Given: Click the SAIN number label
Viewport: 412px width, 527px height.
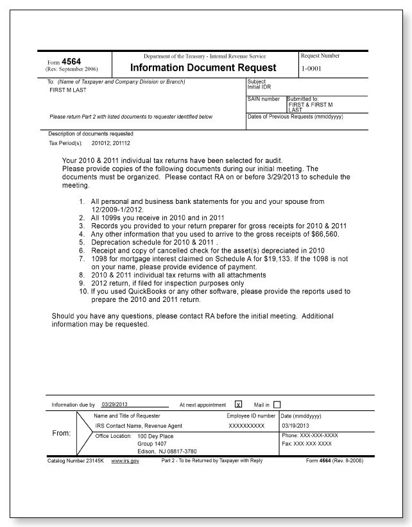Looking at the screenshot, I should click(x=263, y=99).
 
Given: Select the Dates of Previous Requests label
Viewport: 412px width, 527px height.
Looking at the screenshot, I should click(x=289, y=116).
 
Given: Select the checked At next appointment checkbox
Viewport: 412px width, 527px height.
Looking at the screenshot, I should click(x=238, y=405).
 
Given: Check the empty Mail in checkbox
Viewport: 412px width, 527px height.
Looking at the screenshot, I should click(x=277, y=405).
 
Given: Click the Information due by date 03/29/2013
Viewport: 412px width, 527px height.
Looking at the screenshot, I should click(x=116, y=405).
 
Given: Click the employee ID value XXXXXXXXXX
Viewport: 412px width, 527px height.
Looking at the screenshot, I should click(x=246, y=425).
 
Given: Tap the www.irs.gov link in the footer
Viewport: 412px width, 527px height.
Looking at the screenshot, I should click(x=125, y=461).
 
